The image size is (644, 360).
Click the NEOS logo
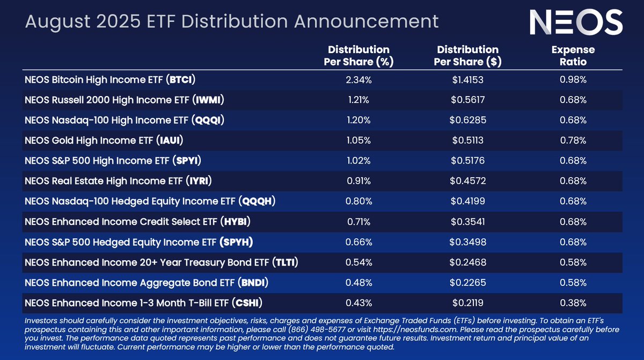tap(576, 23)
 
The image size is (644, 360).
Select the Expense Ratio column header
tap(573, 55)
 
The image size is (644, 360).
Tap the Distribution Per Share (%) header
tap(358, 55)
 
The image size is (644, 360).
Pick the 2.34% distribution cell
tap(358, 80)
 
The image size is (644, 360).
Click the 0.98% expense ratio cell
tap(573, 80)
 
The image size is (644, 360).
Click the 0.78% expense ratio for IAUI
tap(573, 141)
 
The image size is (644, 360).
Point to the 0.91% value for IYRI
tap(358, 181)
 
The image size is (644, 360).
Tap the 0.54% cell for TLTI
tap(358, 262)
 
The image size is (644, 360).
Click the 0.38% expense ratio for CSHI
tap(573, 303)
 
